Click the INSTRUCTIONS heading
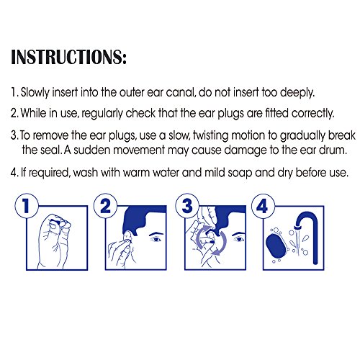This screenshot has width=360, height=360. pos(68,57)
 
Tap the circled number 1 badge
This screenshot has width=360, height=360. pos(27,206)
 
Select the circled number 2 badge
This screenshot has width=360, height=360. pos(105,206)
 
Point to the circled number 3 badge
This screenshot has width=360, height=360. pos(187,206)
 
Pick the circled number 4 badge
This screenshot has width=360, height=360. pos(263,206)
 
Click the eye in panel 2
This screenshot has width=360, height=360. pos(156,239)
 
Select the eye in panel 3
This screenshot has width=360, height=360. pos(238,239)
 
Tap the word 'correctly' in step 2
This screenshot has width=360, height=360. pos(312,113)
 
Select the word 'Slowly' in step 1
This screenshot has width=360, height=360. pos(35,93)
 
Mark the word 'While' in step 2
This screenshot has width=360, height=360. pos(33,113)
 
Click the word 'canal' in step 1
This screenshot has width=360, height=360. pos(180,92)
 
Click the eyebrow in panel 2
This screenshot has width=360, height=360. pos(156,233)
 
